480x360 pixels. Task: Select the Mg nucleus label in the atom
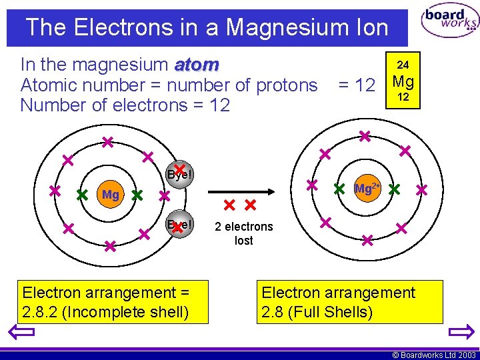tap(110, 195)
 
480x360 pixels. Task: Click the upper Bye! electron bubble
tap(179, 173)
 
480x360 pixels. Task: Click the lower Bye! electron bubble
tap(179, 225)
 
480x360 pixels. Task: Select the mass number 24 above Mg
tap(403, 65)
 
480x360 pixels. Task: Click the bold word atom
tap(197, 65)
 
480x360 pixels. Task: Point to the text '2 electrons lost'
tap(244, 233)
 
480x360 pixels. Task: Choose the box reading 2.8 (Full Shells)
tap(349, 302)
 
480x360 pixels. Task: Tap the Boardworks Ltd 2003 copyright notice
tap(434, 355)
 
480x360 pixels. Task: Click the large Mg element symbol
tap(403, 82)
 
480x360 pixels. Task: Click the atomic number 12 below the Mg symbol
tap(403, 98)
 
